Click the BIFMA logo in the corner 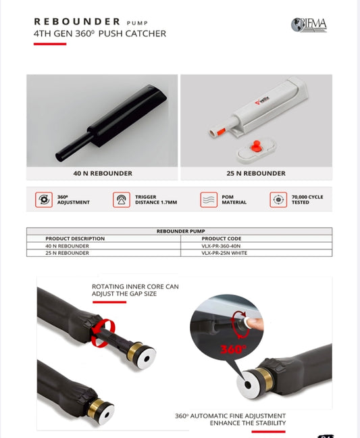coord(309,25)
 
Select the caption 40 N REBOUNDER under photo coord(102,173)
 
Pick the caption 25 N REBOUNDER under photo coord(256,173)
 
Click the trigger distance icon coord(122,199)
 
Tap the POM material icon coord(208,199)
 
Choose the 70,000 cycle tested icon coord(278,199)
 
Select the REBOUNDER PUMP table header coord(179,231)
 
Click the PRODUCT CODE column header coord(222,239)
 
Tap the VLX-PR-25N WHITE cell coord(230,253)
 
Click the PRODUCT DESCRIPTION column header coord(75,239)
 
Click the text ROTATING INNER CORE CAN coord(135,287)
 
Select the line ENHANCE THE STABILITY coord(247,422)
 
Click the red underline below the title coord(50,44)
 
